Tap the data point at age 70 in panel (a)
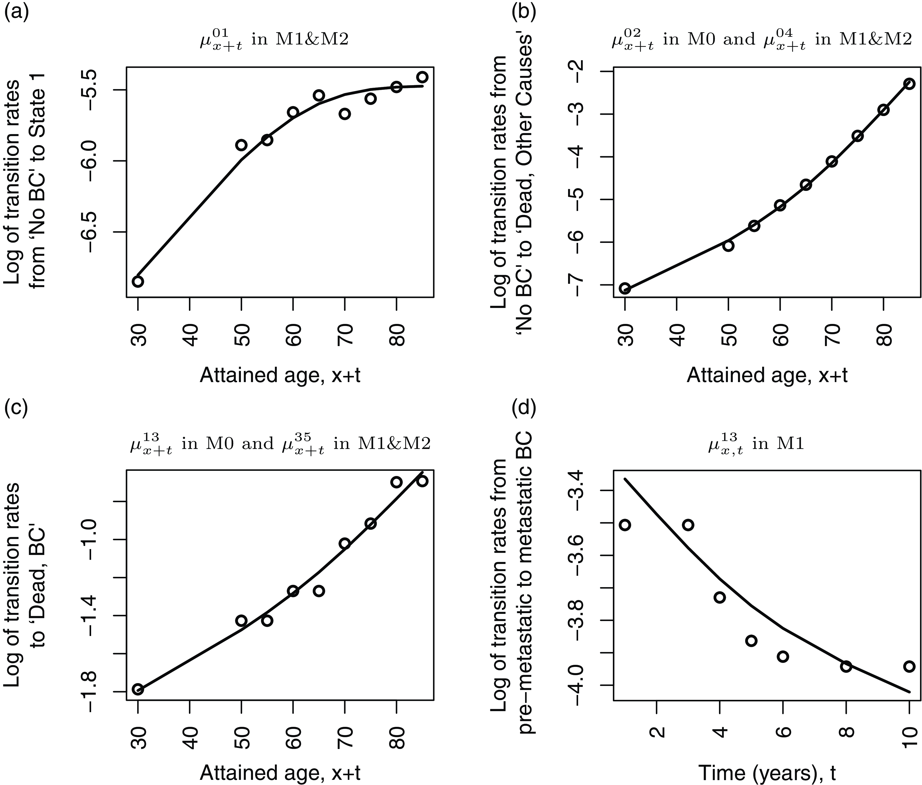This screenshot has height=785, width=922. [344, 114]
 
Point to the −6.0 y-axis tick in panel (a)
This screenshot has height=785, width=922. [97, 161]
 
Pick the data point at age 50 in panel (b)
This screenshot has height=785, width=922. [728, 245]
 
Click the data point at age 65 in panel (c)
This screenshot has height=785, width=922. [319, 591]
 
